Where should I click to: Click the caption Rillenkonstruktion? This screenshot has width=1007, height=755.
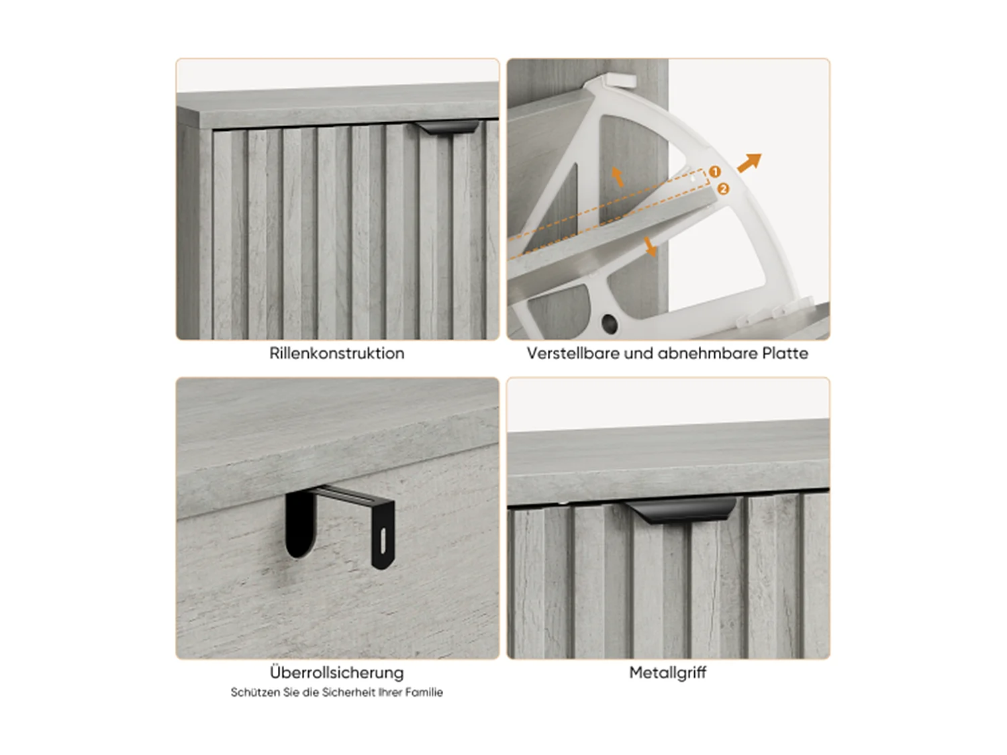(x=336, y=354)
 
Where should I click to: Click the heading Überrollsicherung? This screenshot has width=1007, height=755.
(x=336, y=672)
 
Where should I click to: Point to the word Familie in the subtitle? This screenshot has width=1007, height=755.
(x=424, y=693)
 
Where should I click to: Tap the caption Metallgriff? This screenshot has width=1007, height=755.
(x=667, y=672)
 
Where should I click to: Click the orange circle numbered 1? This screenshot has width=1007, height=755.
(x=715, y=172)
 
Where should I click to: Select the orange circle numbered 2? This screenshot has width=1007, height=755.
(x=723, y=189)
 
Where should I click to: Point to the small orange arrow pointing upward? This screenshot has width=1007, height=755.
(x=618, y=177)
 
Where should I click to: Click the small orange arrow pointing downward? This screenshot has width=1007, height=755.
(x=650, y=247)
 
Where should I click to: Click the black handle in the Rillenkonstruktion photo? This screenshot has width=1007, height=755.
(x=446, y=128)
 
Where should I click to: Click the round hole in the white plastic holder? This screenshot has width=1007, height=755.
(x=610, y=323)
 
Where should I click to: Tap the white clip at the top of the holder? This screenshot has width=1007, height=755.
(x=620, y=80)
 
